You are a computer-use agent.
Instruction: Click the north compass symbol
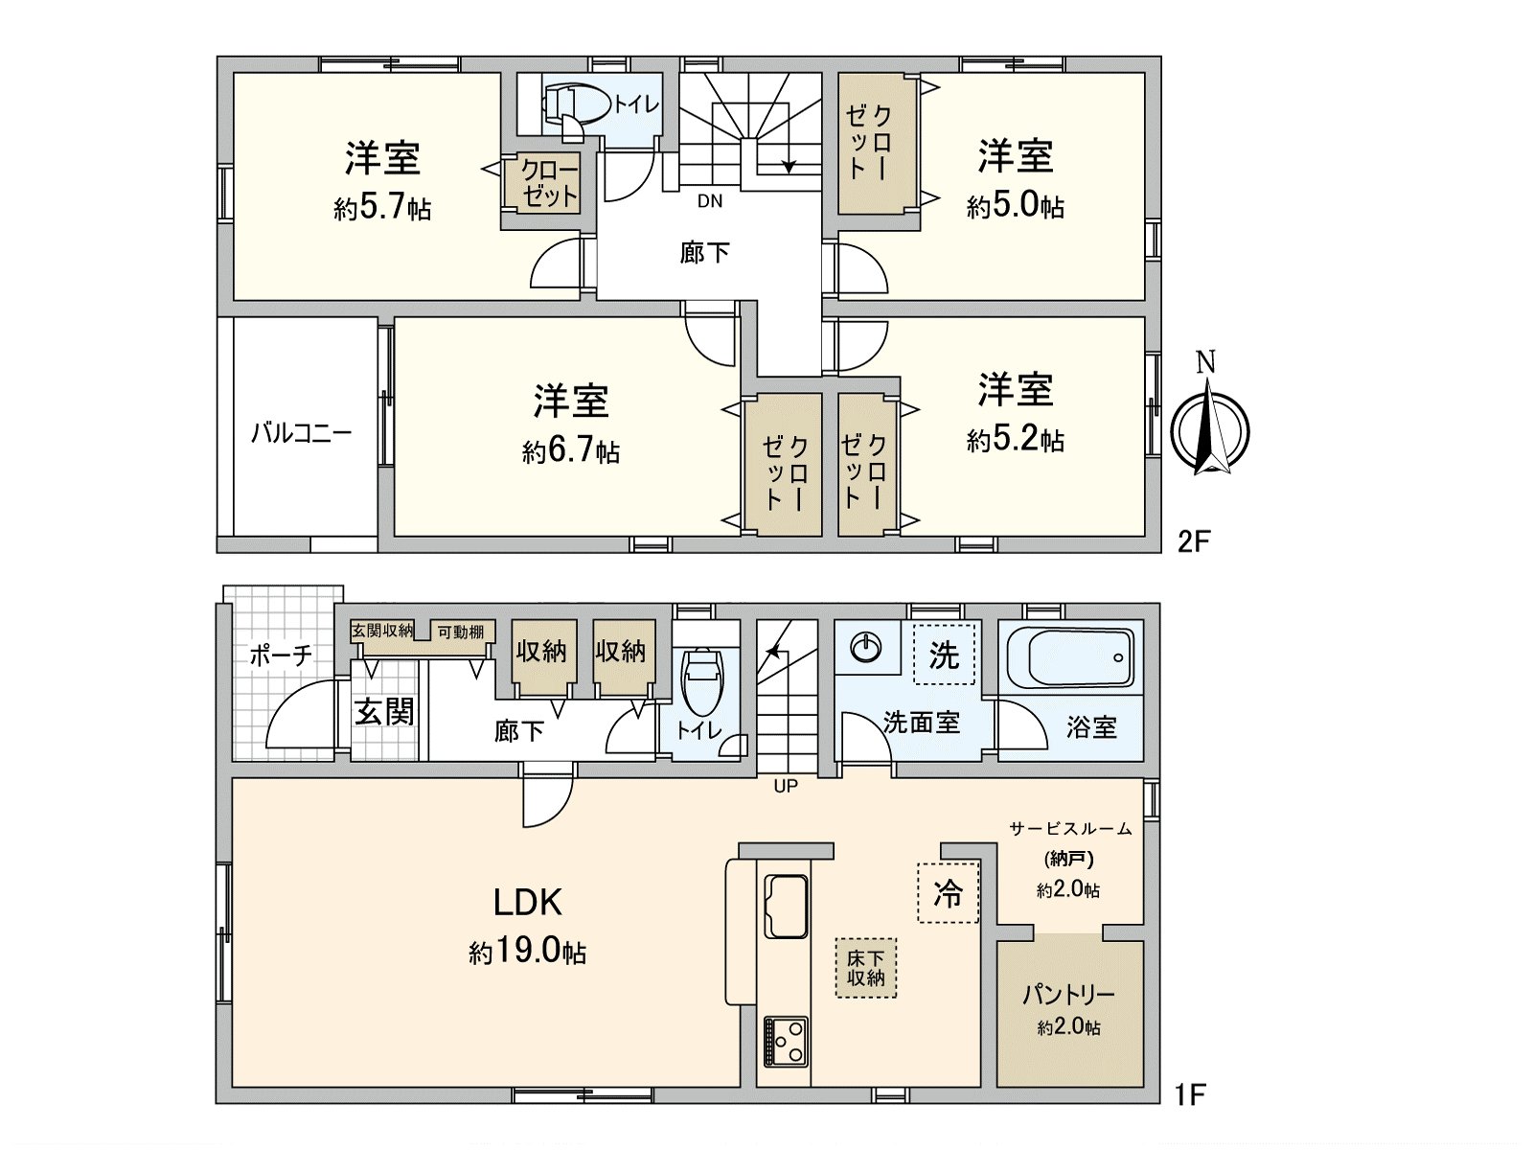(x=1210, y=429)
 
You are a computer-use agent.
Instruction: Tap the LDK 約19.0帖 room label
(x=527, y=925)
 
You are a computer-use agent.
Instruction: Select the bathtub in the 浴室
(x=1069, y=657)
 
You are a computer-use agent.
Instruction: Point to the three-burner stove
(x=786, y=1042)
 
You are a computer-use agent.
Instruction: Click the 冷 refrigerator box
(x=949, y=893)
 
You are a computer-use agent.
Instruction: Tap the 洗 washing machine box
(x=944, y=655)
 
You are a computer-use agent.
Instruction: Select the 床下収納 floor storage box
(x=866, y=968)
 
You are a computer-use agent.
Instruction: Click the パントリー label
(x=1068, y=994)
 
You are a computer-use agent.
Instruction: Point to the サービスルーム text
(x=1070, y=828)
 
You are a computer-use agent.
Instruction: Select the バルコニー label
(x=301, y=432)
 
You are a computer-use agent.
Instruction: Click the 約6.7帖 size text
(x=571, y=450)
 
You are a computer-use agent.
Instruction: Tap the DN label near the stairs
(x=710, y=201)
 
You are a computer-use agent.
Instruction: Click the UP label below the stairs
(x=786, y=786)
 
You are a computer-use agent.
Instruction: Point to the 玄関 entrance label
(x=384, y=711)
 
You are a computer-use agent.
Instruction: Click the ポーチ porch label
(x=280, y=655)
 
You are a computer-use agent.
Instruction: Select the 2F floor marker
(x=1194, y=541)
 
